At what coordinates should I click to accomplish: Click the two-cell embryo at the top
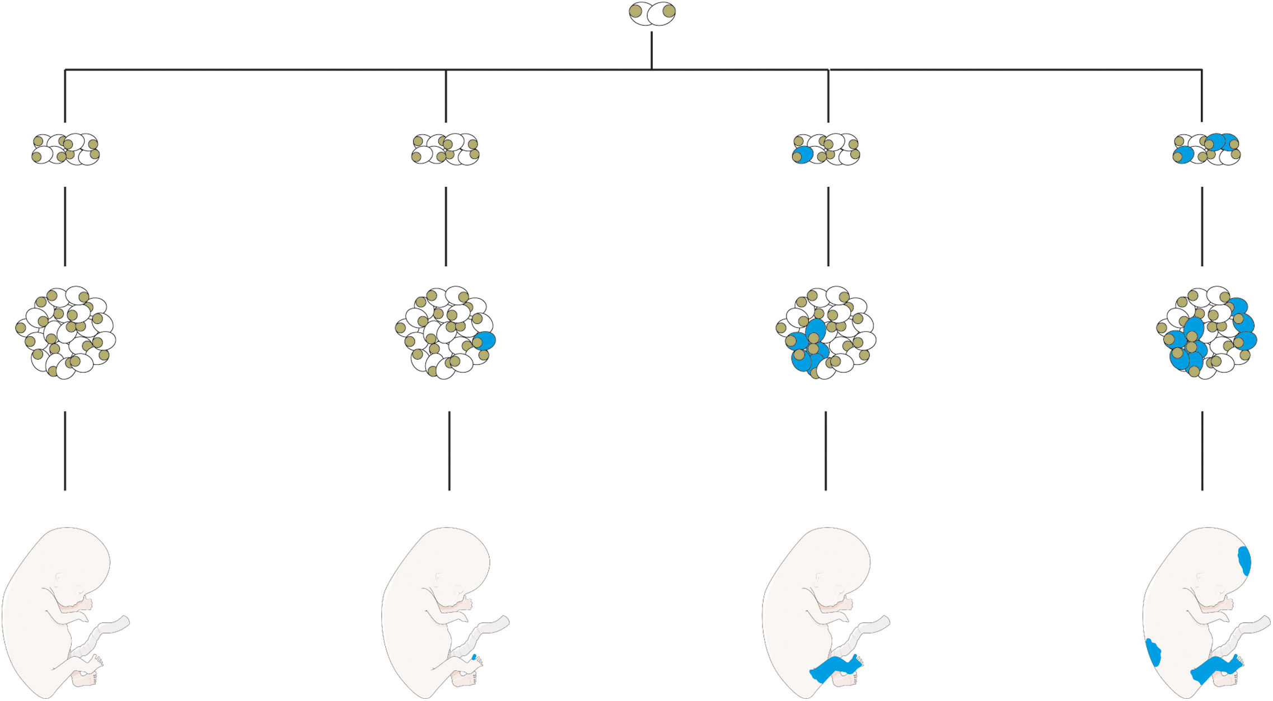pyautogui.click(x=652, y=13)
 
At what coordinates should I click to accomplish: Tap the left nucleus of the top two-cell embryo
pyautogui.click(x=635, y=11)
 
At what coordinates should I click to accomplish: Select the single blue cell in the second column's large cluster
pyautogui.click(x=485, y=341)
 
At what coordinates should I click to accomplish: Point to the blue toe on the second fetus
pyautogui.click(x=474, y=657)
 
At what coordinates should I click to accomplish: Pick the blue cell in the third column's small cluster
pyautogui.click(x=803, y=155)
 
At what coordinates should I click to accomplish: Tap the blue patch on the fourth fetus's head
pyautogui.click(x=1244, y=561)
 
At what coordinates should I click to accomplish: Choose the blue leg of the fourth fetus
pyautogui.click(x=1215, y=668)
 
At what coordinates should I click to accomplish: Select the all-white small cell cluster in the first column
pyautogui.click(x=65, y=149)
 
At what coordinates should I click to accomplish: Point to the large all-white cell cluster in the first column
pyautogui.click(x=65, y=333)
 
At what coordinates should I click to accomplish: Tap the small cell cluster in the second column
pyautogui.click(x=446, y=149)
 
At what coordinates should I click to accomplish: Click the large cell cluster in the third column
pyautogui.click(x=826, y=333)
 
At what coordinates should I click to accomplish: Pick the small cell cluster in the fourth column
pyautogui.click(x=1206, y=149)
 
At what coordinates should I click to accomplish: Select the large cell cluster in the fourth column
pyautogui.click(x=1206, y=333)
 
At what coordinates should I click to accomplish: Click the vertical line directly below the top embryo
pyautogui.click(x=652, y=50)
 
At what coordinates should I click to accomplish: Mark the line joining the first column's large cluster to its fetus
pyautogui.click(x=65, y=451)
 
